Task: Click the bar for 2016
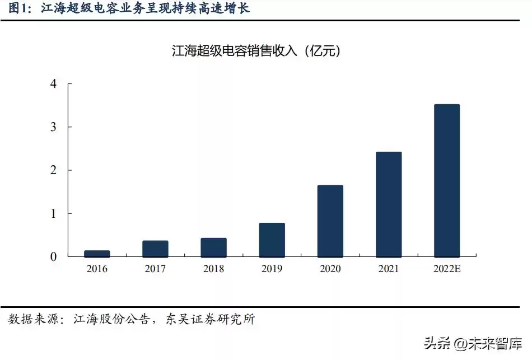pyautogui.click(x=97, y=254)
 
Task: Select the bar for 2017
pyautogui.click(x=155, y=249)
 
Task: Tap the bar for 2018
pyautogui.click(x=213, y=247)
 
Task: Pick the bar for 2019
pyautogui.click(x=272, y=240)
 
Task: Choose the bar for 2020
pyautogui.click(x=330, y=221)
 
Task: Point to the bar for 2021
pyautogui.click(x=388, y=204)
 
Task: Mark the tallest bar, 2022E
pyautogui.click(x=446, y=180)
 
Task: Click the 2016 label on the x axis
pyautogui.click(x=97, y=269)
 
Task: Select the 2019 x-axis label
pyautogui.click(x=272, y=269)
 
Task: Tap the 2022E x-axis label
pyautogui.click(x=446, y=269)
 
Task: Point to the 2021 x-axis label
pyautogui.click(x=388, y=269)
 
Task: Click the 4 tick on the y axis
pyautogui.click(x=53, y=84)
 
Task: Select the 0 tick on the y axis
pyautogui.click(x=53, y=257)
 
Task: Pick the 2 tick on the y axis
pyautogui.click(x=53, y=170)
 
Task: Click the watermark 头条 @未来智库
pyautogui.click(x=473, y=343)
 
